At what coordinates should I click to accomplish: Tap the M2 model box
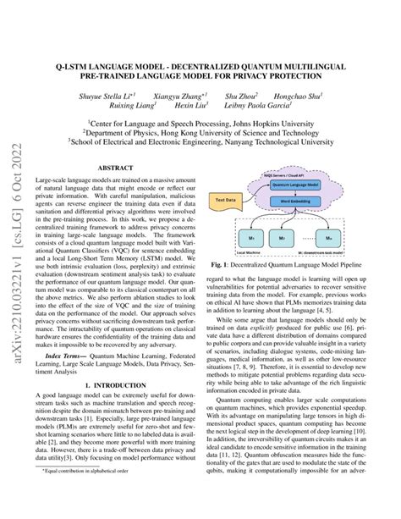(x=286, y=240)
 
